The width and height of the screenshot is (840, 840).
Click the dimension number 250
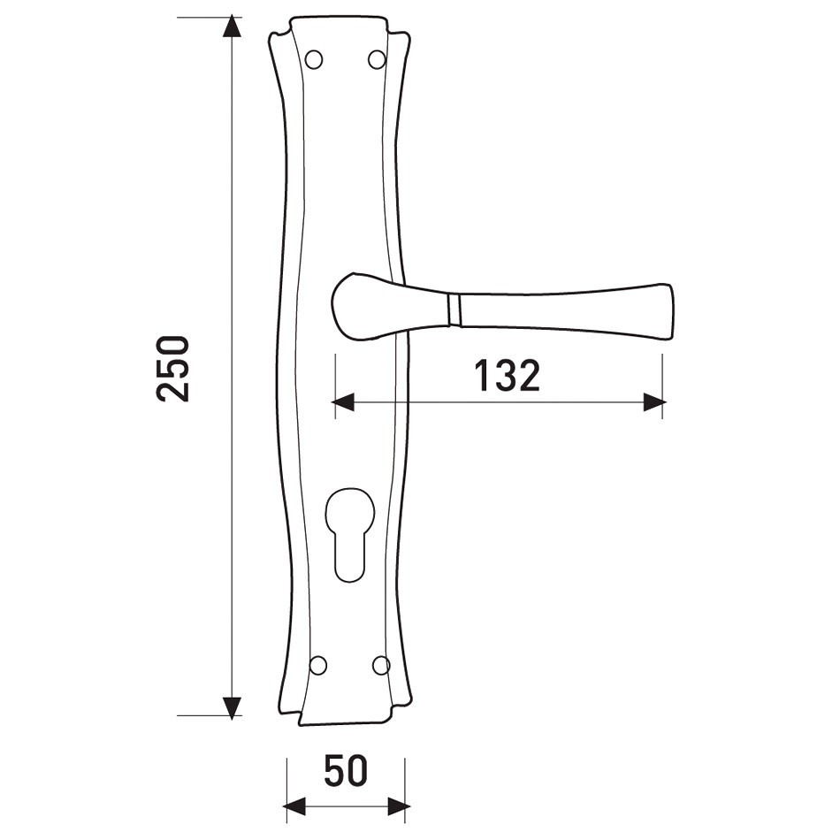(173, 369)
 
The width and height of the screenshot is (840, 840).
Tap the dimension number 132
(508, 376)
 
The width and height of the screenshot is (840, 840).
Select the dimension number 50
(346, 771)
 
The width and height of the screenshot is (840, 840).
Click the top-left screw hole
(314, 59)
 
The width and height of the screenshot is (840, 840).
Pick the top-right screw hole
(378, 59)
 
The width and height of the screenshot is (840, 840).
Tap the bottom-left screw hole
(318, 665)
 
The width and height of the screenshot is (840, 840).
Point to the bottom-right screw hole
(381, 665)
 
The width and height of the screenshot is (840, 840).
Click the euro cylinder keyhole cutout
(348, 535)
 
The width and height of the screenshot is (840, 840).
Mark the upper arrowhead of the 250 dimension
(232, 27)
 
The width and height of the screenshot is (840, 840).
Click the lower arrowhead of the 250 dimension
(232, 706)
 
